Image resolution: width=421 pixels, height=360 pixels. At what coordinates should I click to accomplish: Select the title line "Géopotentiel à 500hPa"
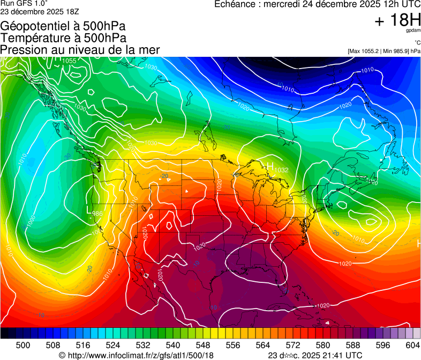(63, 26)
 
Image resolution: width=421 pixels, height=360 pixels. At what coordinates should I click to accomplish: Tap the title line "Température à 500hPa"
(63, 38)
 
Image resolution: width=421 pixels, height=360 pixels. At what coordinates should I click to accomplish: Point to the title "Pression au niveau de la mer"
(80, 50)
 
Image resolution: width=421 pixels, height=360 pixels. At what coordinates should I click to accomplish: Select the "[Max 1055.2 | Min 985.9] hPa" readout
(384, 51)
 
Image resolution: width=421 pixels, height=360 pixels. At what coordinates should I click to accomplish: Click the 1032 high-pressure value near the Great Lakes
(282, 170)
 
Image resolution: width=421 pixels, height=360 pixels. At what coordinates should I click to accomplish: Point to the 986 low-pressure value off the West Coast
(97, 214)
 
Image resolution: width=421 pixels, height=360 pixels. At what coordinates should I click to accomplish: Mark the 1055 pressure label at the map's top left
(70, 61)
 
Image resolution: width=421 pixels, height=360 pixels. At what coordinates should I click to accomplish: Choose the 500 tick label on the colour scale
(23, 346)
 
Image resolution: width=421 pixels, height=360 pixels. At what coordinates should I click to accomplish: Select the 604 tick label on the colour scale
(413, 346)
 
